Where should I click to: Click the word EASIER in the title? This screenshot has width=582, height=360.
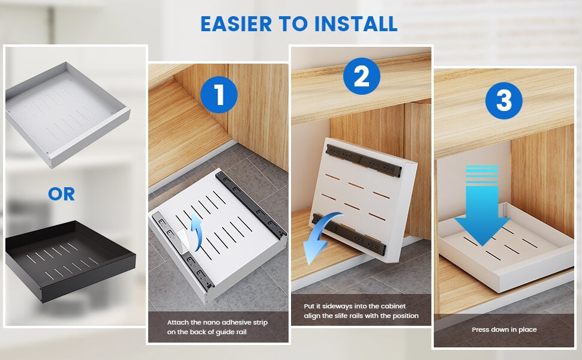click(x=236, y=24)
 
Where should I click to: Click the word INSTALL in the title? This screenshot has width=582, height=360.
click(x=356, y=24)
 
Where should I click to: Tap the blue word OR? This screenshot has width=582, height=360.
click(x=61, y=194)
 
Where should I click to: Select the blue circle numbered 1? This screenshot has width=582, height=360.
click(x=218, y=95)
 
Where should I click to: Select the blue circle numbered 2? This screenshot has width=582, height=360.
click(x=362, y=76)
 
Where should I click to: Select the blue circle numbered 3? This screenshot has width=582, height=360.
click(x=503, y=101)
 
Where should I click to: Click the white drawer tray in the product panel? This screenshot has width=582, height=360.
click(x=68, y=115)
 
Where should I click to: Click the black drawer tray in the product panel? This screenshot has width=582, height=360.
click(x=70, y=260)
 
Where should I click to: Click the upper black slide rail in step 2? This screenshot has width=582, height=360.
click(x=364, y=160)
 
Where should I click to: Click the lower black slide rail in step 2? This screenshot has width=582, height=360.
click(x=349, y=235)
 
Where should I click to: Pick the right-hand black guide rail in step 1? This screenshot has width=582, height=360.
click(x=251, y=205)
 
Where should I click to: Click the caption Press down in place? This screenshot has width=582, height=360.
click(x=504, y=329)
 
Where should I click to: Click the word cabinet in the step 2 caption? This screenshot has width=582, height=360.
click(x=393, y=306)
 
